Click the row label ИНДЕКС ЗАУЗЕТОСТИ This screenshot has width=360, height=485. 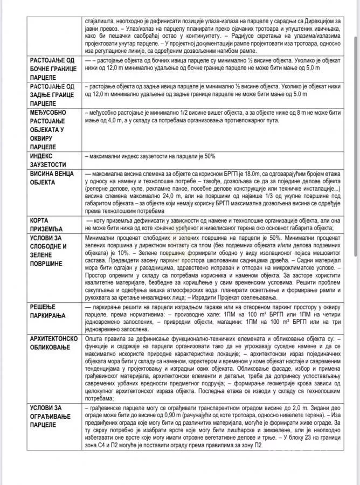coord(49,160)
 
